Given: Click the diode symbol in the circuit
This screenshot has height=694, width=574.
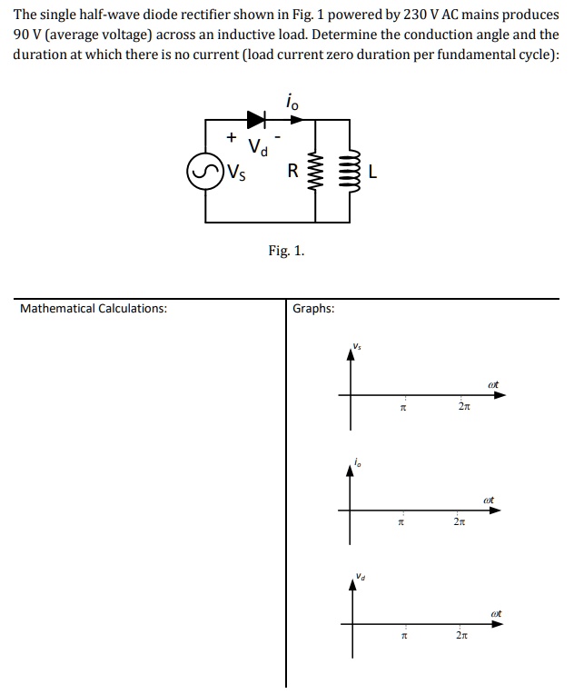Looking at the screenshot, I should [x=256, y=118].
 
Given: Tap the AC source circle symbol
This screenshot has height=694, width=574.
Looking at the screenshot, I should [x=204, y=170].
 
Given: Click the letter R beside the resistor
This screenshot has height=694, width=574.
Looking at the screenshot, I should [x=292, y=170].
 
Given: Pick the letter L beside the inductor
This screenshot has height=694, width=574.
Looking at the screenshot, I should [x=373, y=171].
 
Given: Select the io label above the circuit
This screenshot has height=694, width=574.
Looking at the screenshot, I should [x=291, y=103].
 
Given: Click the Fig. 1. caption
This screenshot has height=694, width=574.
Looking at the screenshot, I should [x=286, y=251].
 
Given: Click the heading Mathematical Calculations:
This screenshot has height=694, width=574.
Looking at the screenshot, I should [x=94, y=308].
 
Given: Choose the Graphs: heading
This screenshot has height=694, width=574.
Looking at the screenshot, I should [x=313, y=308].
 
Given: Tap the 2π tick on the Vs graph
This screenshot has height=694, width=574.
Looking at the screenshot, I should [x=463, y=410].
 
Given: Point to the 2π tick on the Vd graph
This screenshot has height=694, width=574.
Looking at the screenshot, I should [x=463, y=638].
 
